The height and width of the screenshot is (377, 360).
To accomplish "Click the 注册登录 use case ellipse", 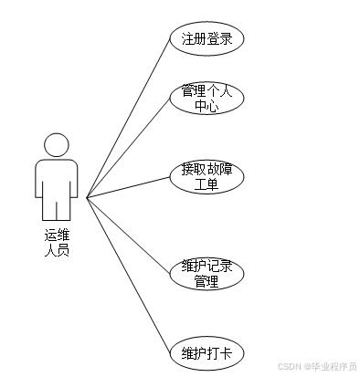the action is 206,39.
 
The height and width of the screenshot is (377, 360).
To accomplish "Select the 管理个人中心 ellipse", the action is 206,99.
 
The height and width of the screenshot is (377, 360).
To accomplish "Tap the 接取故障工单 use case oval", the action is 206,176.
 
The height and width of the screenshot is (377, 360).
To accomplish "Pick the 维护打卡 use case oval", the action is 206,353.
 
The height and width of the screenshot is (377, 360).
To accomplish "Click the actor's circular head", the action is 57,144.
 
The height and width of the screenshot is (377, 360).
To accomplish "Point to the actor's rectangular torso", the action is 57,173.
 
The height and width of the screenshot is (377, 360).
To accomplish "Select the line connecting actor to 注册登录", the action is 128,119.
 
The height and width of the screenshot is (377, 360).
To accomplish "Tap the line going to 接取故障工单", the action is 128,187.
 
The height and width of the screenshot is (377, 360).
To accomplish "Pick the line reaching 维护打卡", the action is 128,274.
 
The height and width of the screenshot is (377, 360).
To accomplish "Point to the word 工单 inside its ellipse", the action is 206,184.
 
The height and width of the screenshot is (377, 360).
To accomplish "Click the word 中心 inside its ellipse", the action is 206,107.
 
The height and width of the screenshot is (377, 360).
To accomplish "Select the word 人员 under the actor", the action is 57,251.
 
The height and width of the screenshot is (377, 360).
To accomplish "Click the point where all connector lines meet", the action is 87,197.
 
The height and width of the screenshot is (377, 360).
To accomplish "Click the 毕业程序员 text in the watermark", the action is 334,367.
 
